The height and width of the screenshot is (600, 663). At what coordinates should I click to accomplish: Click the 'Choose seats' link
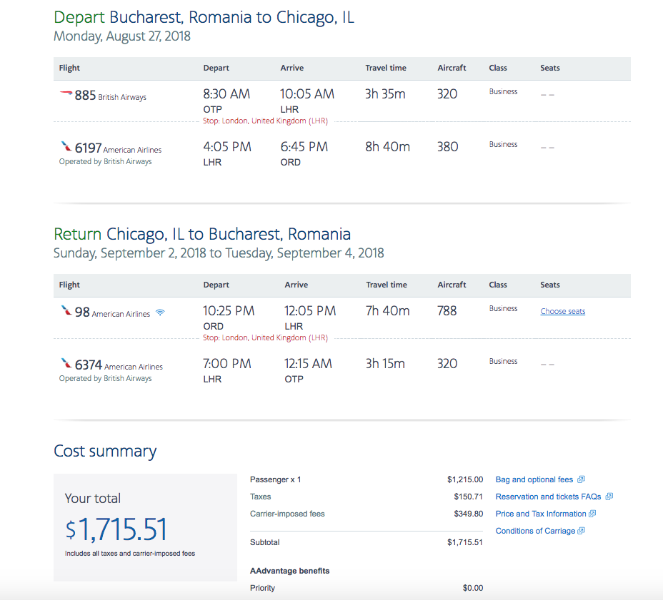(x=563, y=311)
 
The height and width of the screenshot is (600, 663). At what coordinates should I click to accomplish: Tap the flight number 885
(x=86, y=96)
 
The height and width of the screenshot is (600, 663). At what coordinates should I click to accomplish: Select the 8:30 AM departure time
(x=226, y=93)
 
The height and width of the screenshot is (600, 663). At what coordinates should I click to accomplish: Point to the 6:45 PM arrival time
(x=304, y=146)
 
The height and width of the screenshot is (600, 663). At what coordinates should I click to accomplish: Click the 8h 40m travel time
(x=388, y=146)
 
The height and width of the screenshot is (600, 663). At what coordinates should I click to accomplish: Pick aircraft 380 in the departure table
(x=447, y=146)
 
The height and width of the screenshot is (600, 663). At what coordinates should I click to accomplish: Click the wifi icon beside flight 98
(x=160, y=312)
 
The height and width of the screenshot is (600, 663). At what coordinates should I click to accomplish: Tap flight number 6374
(x=89, y=365)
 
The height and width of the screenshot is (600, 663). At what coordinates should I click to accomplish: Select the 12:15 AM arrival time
(x=308, y=364)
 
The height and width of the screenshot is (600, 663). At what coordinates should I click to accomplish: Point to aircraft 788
(x=447, y=311)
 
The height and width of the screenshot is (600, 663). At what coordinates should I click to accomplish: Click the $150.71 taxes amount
(x=468, y=497)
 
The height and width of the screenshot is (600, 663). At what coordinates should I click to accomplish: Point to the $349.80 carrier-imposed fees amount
(x=468, y=514)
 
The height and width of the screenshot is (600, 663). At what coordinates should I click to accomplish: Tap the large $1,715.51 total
(x=116, y=529)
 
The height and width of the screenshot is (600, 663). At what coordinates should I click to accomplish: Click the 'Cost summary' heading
(x=105, y=451)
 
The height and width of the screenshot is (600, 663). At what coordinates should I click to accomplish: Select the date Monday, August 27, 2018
(x=121, y=36)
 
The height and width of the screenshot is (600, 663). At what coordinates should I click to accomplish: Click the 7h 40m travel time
(x=387, y=311)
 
